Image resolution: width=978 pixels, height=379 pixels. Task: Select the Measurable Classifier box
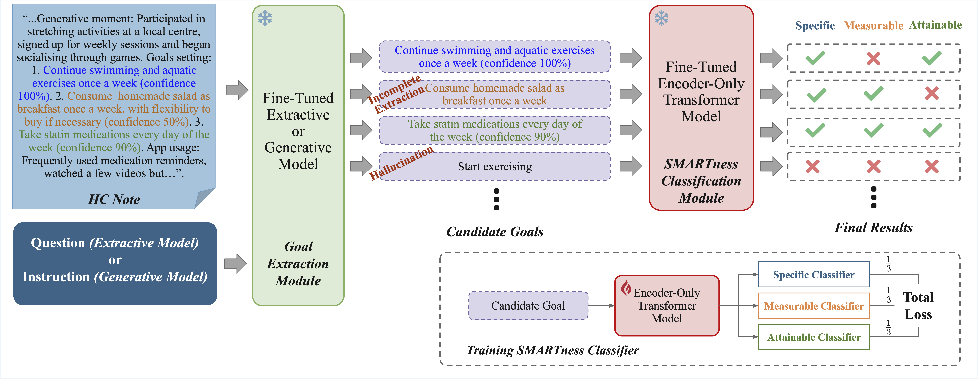click(x=814, y=306)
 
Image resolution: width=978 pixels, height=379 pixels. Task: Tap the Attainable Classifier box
click(x=814, y=337)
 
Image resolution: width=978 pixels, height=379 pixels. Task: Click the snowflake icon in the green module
click(x=265, y=18)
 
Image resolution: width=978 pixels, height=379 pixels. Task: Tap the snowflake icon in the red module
click(x=661, y=18)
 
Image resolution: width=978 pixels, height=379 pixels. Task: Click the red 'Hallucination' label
click(x=401, y=163)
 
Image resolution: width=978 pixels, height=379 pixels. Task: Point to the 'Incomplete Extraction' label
click(x=397, y=94)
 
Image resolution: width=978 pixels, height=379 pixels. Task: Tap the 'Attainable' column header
click(x=935, y=25)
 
